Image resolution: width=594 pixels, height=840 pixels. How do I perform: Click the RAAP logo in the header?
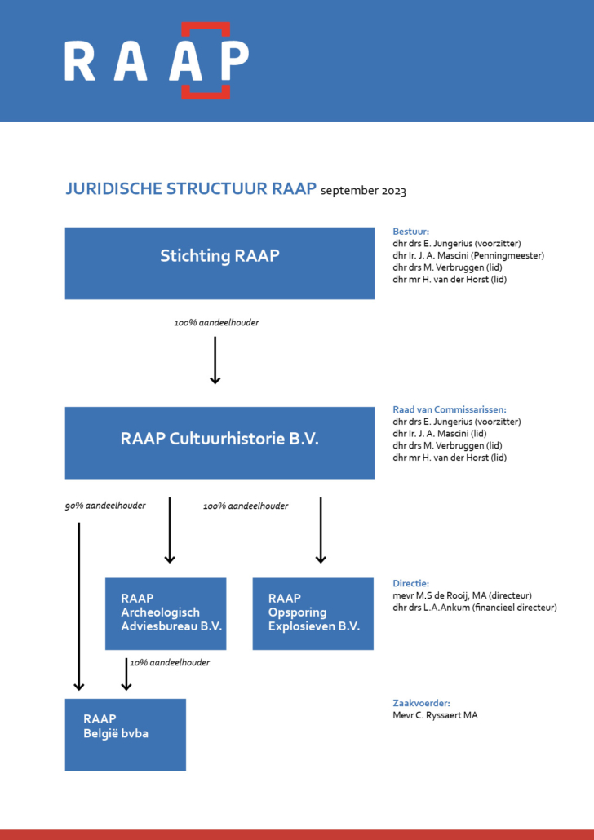coord(157,60)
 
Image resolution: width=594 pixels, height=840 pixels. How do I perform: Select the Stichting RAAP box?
coord(219,263)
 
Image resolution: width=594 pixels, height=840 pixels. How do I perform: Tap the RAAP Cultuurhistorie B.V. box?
coord(219,443)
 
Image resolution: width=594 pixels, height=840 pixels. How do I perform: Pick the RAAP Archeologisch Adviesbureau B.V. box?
coord(166,613)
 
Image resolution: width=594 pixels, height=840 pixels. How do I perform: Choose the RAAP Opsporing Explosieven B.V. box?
coord(313,613)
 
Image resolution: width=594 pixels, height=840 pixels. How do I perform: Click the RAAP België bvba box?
coord(125,734)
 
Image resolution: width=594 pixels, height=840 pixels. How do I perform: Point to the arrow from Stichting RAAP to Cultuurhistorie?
coord(215,359)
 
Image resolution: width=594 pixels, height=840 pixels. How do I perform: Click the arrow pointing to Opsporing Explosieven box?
coord(321,529)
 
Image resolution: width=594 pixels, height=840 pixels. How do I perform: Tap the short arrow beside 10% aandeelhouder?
coord(126,674)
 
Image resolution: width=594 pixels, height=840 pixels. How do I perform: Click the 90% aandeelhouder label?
coord(105,506)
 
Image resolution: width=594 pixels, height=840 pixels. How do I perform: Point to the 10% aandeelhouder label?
coord(170,663)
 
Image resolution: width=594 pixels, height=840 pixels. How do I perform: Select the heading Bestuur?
coord(410,232)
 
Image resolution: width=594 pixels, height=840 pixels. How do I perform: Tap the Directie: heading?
coord(411,584)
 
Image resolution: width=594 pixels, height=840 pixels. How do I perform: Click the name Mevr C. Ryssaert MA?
coord(435,715)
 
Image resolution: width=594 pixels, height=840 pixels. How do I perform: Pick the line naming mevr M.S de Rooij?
coord(463,596)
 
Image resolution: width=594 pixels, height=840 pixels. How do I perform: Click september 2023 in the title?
coord(363,192)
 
